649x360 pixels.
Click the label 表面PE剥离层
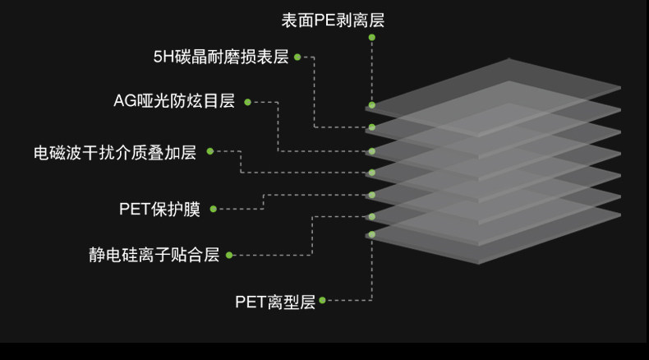tap(333, 21)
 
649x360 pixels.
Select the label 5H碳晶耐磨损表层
tap(221, 58)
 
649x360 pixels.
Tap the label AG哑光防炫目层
tap(174, 102)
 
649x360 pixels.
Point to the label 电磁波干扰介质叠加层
tap(114, 152)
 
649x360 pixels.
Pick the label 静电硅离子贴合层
tap(154, 255)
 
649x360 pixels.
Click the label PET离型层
tap(275, 302)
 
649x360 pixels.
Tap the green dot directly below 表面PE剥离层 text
tap(372, 37)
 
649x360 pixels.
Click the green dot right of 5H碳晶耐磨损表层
tap(297, 58)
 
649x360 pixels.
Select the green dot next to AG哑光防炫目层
tap(246, 102)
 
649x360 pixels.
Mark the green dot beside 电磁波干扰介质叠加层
tap(209, 151)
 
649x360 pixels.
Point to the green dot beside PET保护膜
tap(213, 209)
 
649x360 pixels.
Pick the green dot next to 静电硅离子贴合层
tap(229, 255)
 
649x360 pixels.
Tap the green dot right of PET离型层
tap(322, 301)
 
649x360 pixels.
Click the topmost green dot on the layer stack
tap(372, 105)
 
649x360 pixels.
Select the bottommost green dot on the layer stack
tap(372, 234)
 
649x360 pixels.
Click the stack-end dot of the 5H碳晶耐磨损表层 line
tap(372, 127)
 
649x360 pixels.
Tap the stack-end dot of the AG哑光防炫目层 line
tap(372, 151)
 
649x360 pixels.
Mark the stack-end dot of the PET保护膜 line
tap(372, 195)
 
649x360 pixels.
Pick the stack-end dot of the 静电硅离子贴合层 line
tap(372, 217)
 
